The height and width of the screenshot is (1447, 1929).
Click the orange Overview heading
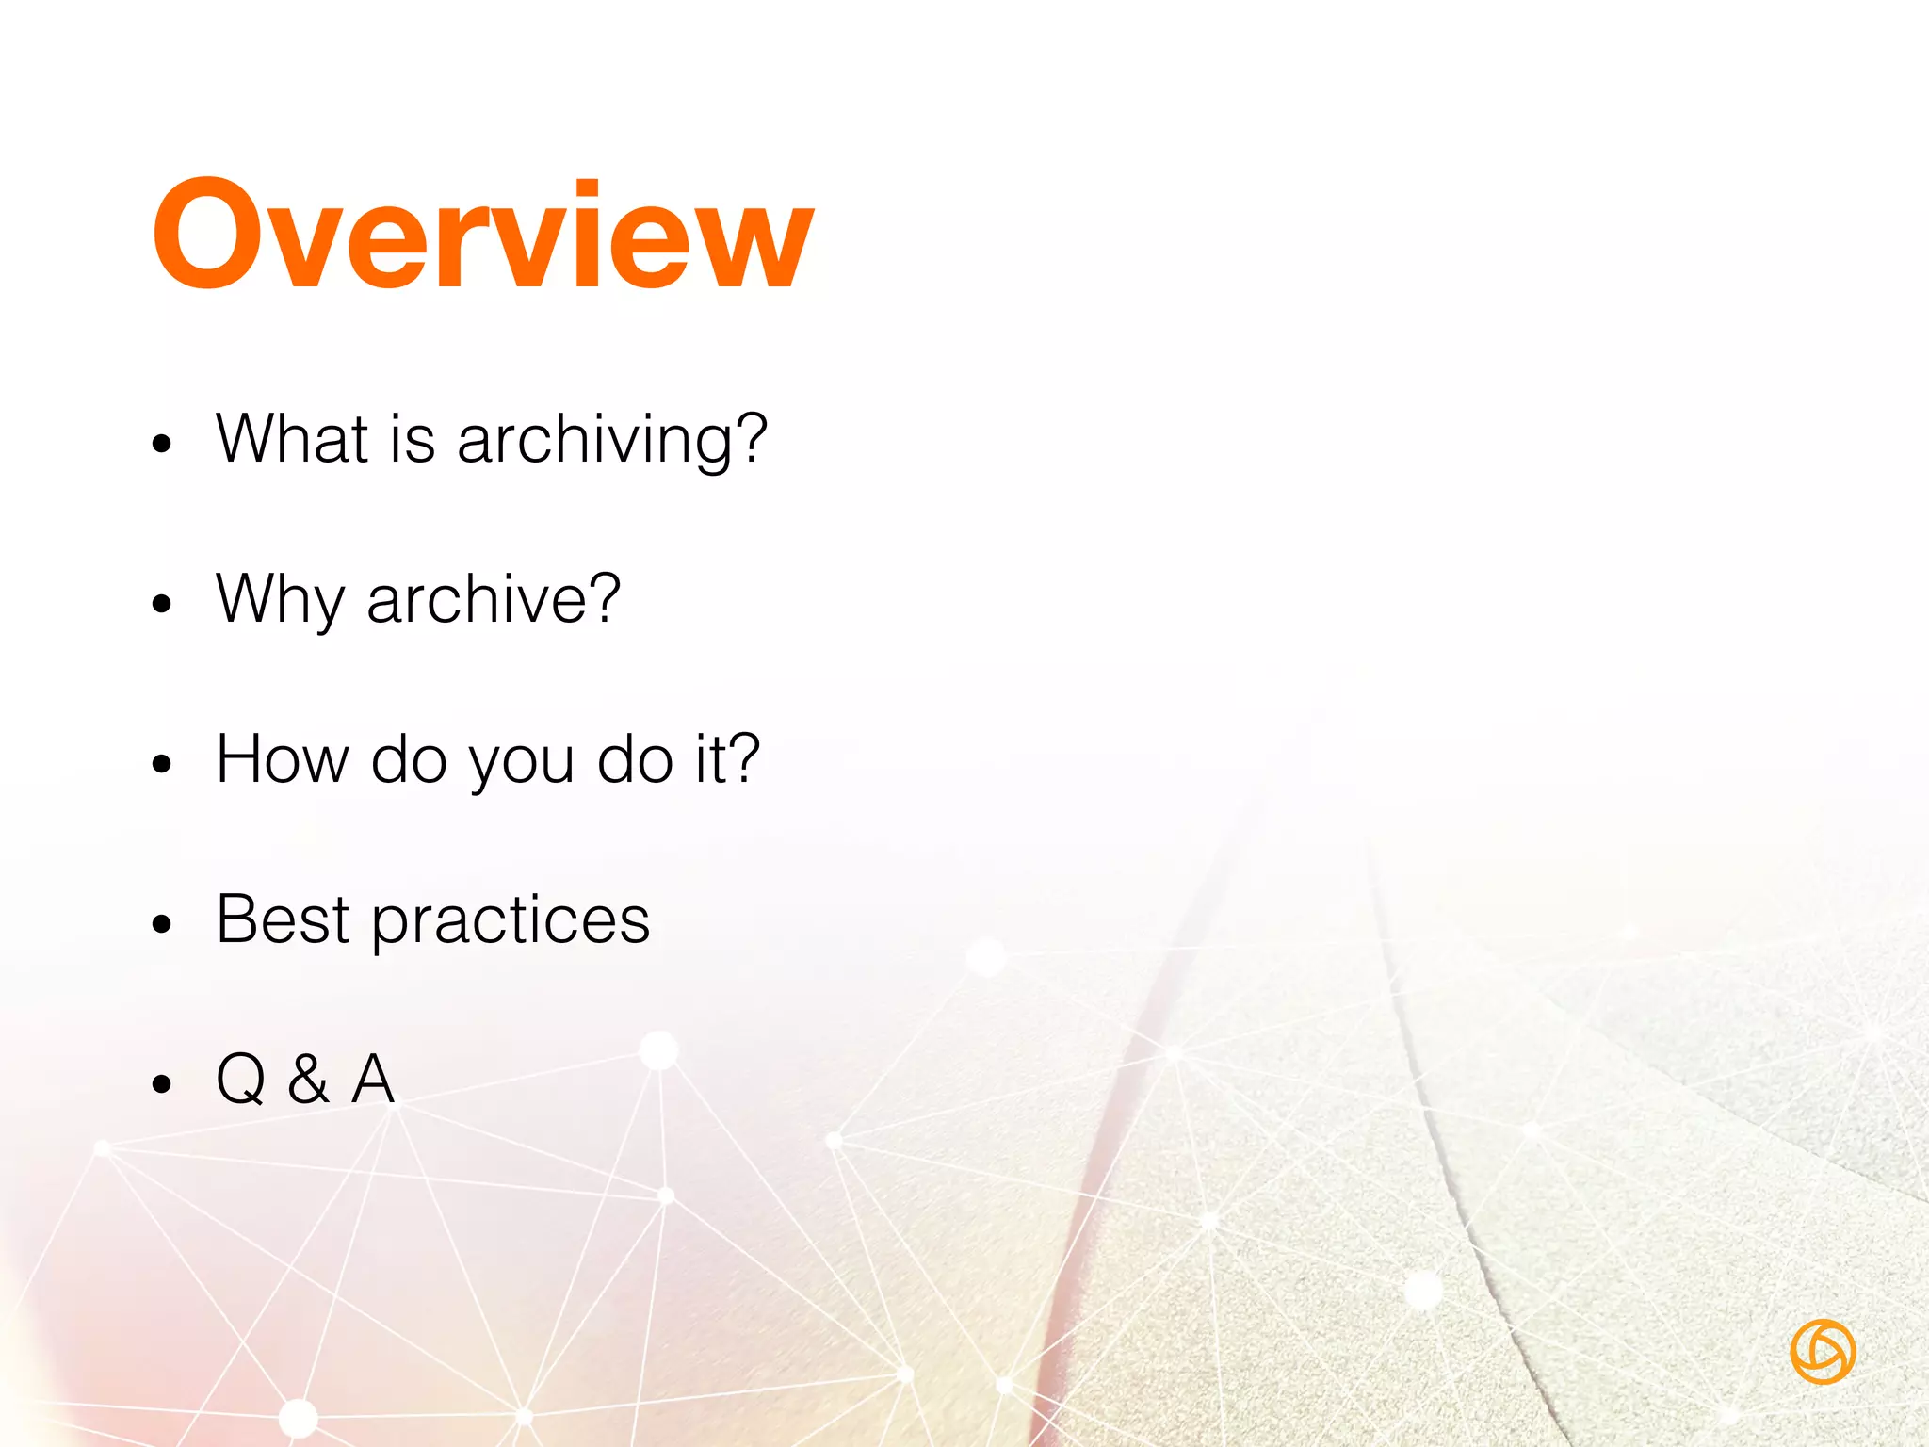pos(482,236)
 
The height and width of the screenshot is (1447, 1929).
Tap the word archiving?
pos(612,441)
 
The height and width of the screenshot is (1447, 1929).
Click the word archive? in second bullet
pos(494,599)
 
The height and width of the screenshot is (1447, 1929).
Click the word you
pos(521,763)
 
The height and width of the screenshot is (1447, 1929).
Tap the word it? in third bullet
pos(727,759)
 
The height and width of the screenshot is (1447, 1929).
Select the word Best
pos(283,919)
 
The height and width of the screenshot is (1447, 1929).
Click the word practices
pos(511,921)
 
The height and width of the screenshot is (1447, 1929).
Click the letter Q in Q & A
pos(241,1080)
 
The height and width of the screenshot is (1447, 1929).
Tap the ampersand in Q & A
pos(309,1080)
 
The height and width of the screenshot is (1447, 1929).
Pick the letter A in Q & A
pos(373,1080)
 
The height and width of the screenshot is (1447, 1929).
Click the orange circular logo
pos(1823,1352)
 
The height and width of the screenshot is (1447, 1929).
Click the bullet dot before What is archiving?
pos(163,443)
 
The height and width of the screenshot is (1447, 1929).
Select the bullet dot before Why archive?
pos(163,603)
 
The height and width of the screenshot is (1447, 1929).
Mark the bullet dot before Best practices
pos(163,924)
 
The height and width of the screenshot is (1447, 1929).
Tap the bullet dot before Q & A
pos(163,1084)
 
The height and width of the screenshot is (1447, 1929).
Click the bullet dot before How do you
pos(163,764)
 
